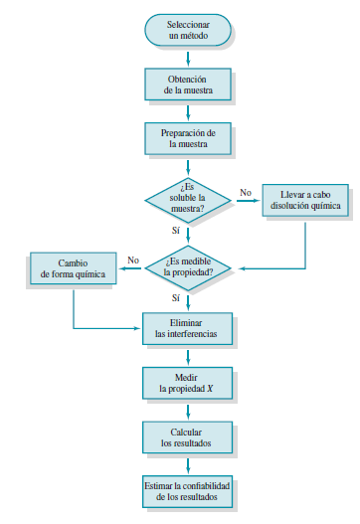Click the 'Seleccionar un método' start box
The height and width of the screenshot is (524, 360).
pos(188,30)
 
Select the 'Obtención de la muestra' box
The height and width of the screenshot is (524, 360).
pos(188,84)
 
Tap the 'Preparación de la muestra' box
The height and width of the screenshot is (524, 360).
pos(188,138)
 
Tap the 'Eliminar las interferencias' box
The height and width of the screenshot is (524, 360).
pos(188,328)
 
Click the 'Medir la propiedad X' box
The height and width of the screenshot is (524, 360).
pos(188,383)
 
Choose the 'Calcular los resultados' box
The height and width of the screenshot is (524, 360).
pos(188,437)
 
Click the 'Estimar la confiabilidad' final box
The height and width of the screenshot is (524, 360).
pos(188,489)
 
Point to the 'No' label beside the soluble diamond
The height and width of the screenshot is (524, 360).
pos(246,191)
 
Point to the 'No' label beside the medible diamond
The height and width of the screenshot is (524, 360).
pos(132,261)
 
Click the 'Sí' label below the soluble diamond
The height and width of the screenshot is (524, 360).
pos(176,230)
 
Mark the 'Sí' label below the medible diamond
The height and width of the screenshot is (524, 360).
pos(176,297)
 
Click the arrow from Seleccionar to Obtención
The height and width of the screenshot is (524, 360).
pos(188,57)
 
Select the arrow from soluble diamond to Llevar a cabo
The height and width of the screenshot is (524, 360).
pos(247,200)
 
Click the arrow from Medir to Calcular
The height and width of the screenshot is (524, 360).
pos(188,410)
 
